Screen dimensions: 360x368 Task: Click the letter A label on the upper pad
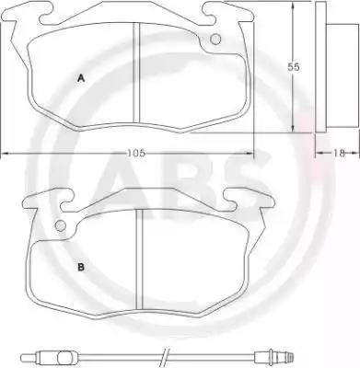coord(81,78)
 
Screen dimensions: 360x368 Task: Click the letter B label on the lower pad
coord(81,268)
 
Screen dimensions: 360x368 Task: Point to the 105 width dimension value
coord(136,153)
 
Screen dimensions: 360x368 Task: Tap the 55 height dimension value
coord(294,67)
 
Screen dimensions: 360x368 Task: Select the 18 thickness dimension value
coord(339,153)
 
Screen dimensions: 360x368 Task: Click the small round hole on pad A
coord(215,39)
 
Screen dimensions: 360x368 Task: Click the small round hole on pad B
coord(61,225)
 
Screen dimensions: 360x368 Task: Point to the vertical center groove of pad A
coord(136,73)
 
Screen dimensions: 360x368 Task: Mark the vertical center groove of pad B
coord(140,259)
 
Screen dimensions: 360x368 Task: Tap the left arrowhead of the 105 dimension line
coord(6,153)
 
